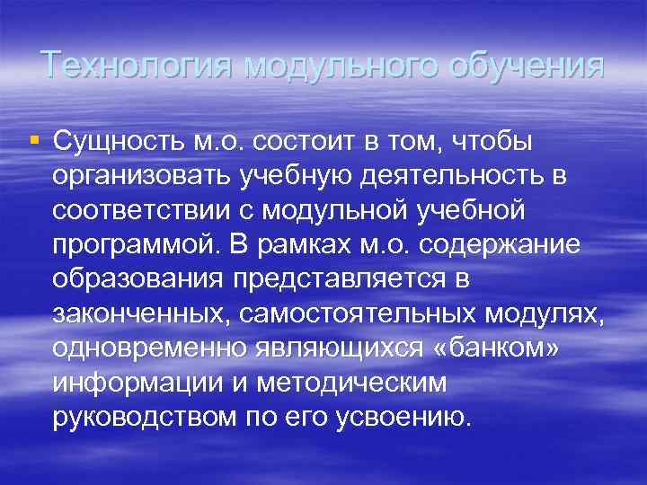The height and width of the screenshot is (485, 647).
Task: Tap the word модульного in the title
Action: coord(346,65)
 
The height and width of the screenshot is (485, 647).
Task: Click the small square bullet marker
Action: coord(34,140)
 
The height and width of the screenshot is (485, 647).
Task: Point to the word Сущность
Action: coord(119,141)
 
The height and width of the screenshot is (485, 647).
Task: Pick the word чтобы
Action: coord(491,141)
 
